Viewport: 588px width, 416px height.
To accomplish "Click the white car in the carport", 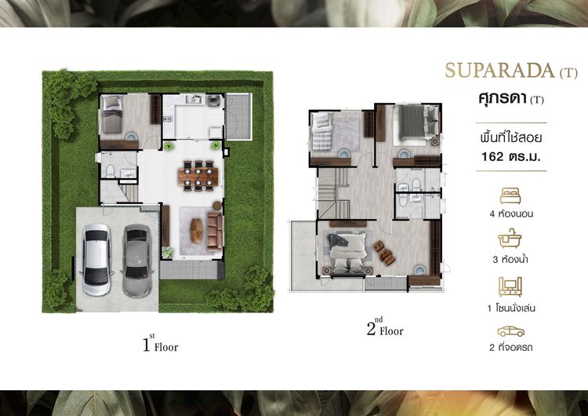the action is tap(96, 260).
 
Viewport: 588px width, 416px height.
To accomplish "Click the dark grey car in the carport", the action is tap(136, 261).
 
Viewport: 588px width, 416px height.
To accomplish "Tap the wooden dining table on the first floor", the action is tap(198, 176).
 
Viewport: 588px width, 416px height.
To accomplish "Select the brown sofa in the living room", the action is tap(215, 231).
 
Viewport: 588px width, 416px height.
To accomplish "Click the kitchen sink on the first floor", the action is tap(194, 100).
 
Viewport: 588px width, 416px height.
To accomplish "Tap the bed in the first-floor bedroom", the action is tap(112, 114).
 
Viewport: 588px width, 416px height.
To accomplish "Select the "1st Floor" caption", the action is tap(160, 344).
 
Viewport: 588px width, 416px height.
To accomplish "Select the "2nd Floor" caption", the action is tap(385, 327).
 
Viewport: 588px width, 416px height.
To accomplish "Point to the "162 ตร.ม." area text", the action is tap(511, 156).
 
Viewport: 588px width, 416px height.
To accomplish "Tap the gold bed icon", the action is tap(510, 196).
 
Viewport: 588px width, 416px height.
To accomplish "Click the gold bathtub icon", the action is tap(510, 239).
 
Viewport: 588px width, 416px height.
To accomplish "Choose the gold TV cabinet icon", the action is tap(510, 286).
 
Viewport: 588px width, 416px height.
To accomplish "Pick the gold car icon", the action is tap(510, 331).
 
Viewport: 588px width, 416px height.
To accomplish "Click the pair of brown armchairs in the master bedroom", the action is tap(384, 251).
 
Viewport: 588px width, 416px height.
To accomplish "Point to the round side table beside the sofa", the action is tap(217, 206).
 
